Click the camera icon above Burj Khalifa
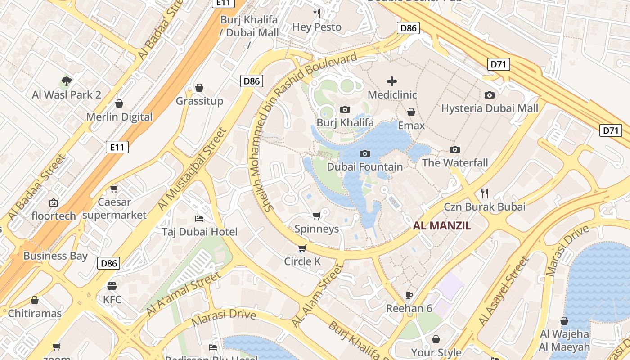point(345,109)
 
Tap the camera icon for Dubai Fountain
point(365,153)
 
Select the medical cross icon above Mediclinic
point(392,81)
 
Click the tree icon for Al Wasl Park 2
point(67,81)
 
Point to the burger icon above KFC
point(112,286)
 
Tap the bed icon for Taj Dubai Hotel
point(199,219)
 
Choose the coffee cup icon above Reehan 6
point(409,295)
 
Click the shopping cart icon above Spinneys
point(316,216)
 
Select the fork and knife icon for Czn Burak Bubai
point(485,193)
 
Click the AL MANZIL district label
point(442,226)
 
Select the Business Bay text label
point(55,256)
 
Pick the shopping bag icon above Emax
point(411,112)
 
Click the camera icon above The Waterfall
point(455,149)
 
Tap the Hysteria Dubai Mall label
point(490,108)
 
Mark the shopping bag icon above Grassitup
point(199,87)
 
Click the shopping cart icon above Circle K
point(302,248)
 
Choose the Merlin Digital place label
point(119,117)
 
